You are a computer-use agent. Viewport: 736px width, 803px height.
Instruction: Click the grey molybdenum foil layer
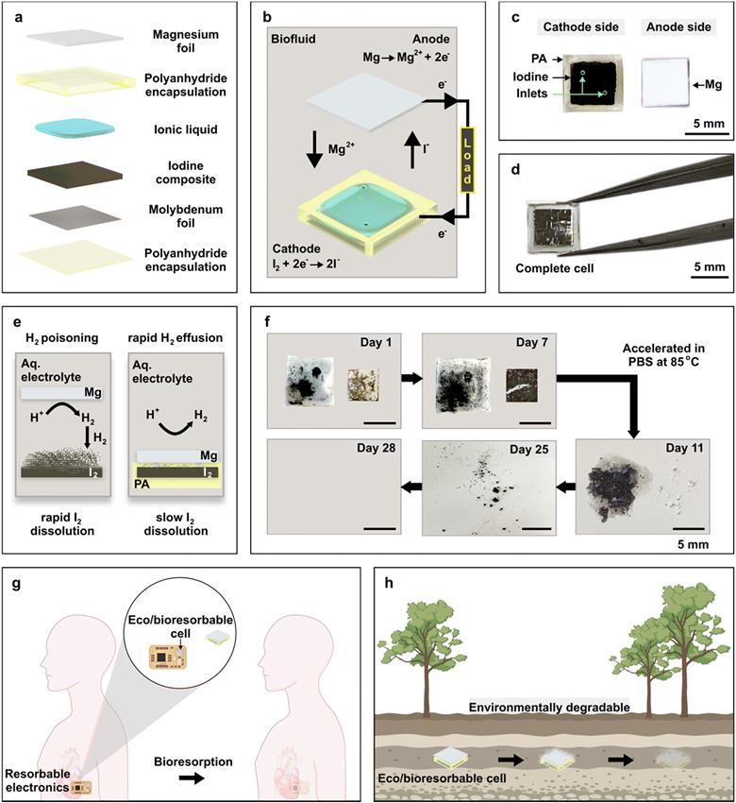(x=72, y=216)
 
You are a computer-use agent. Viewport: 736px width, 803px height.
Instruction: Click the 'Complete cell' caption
(x=553, y=267)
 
